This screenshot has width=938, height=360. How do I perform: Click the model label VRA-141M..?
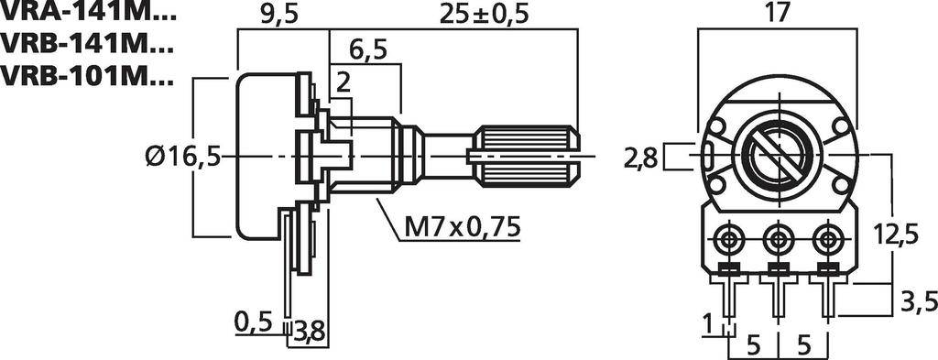87,14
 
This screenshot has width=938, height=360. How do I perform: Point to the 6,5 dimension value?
367,49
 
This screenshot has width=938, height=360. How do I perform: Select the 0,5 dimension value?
254,322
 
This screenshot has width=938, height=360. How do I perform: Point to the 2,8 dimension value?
640,158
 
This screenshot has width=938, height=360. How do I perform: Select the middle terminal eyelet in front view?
778,241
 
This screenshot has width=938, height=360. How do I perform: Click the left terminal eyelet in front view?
729,241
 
